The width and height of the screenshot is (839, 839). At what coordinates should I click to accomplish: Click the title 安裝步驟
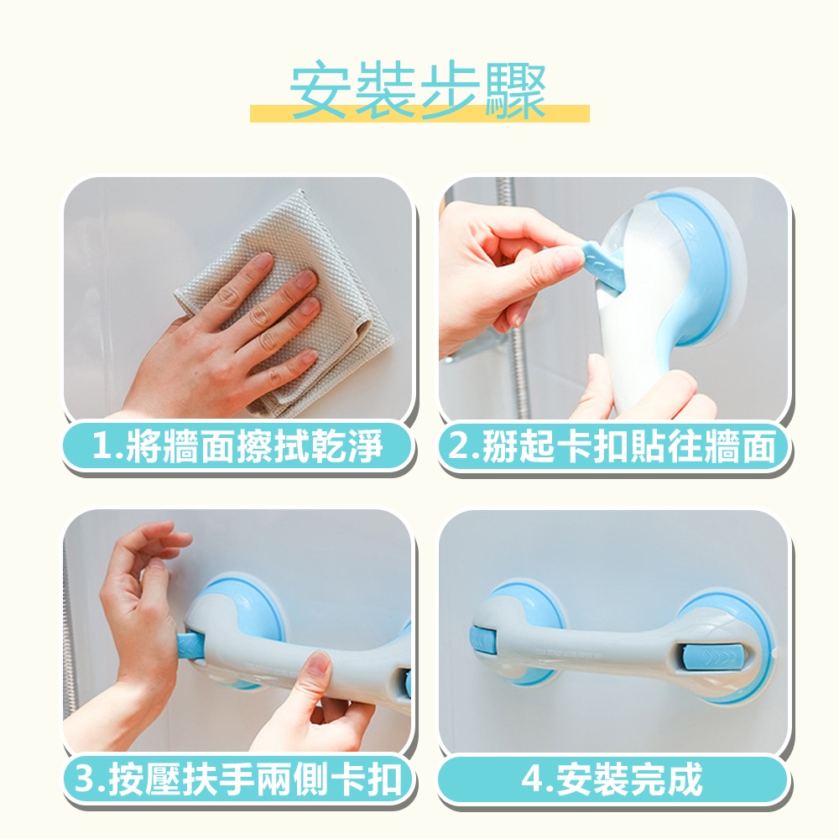click(418, 90)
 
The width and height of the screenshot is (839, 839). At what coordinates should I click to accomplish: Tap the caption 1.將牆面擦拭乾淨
click(237, 446)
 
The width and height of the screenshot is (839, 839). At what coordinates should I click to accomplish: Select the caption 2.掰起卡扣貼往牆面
click(612, 446)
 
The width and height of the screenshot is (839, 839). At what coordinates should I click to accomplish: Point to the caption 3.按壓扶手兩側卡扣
click(237, 779)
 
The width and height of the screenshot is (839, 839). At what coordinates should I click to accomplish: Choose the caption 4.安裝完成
click(612, 779)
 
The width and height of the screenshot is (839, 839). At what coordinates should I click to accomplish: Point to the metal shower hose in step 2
click(511, 300)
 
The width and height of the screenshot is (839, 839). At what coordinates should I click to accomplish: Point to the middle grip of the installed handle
click(589, 649)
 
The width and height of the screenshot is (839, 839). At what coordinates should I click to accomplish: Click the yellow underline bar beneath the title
click(419, 114)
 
